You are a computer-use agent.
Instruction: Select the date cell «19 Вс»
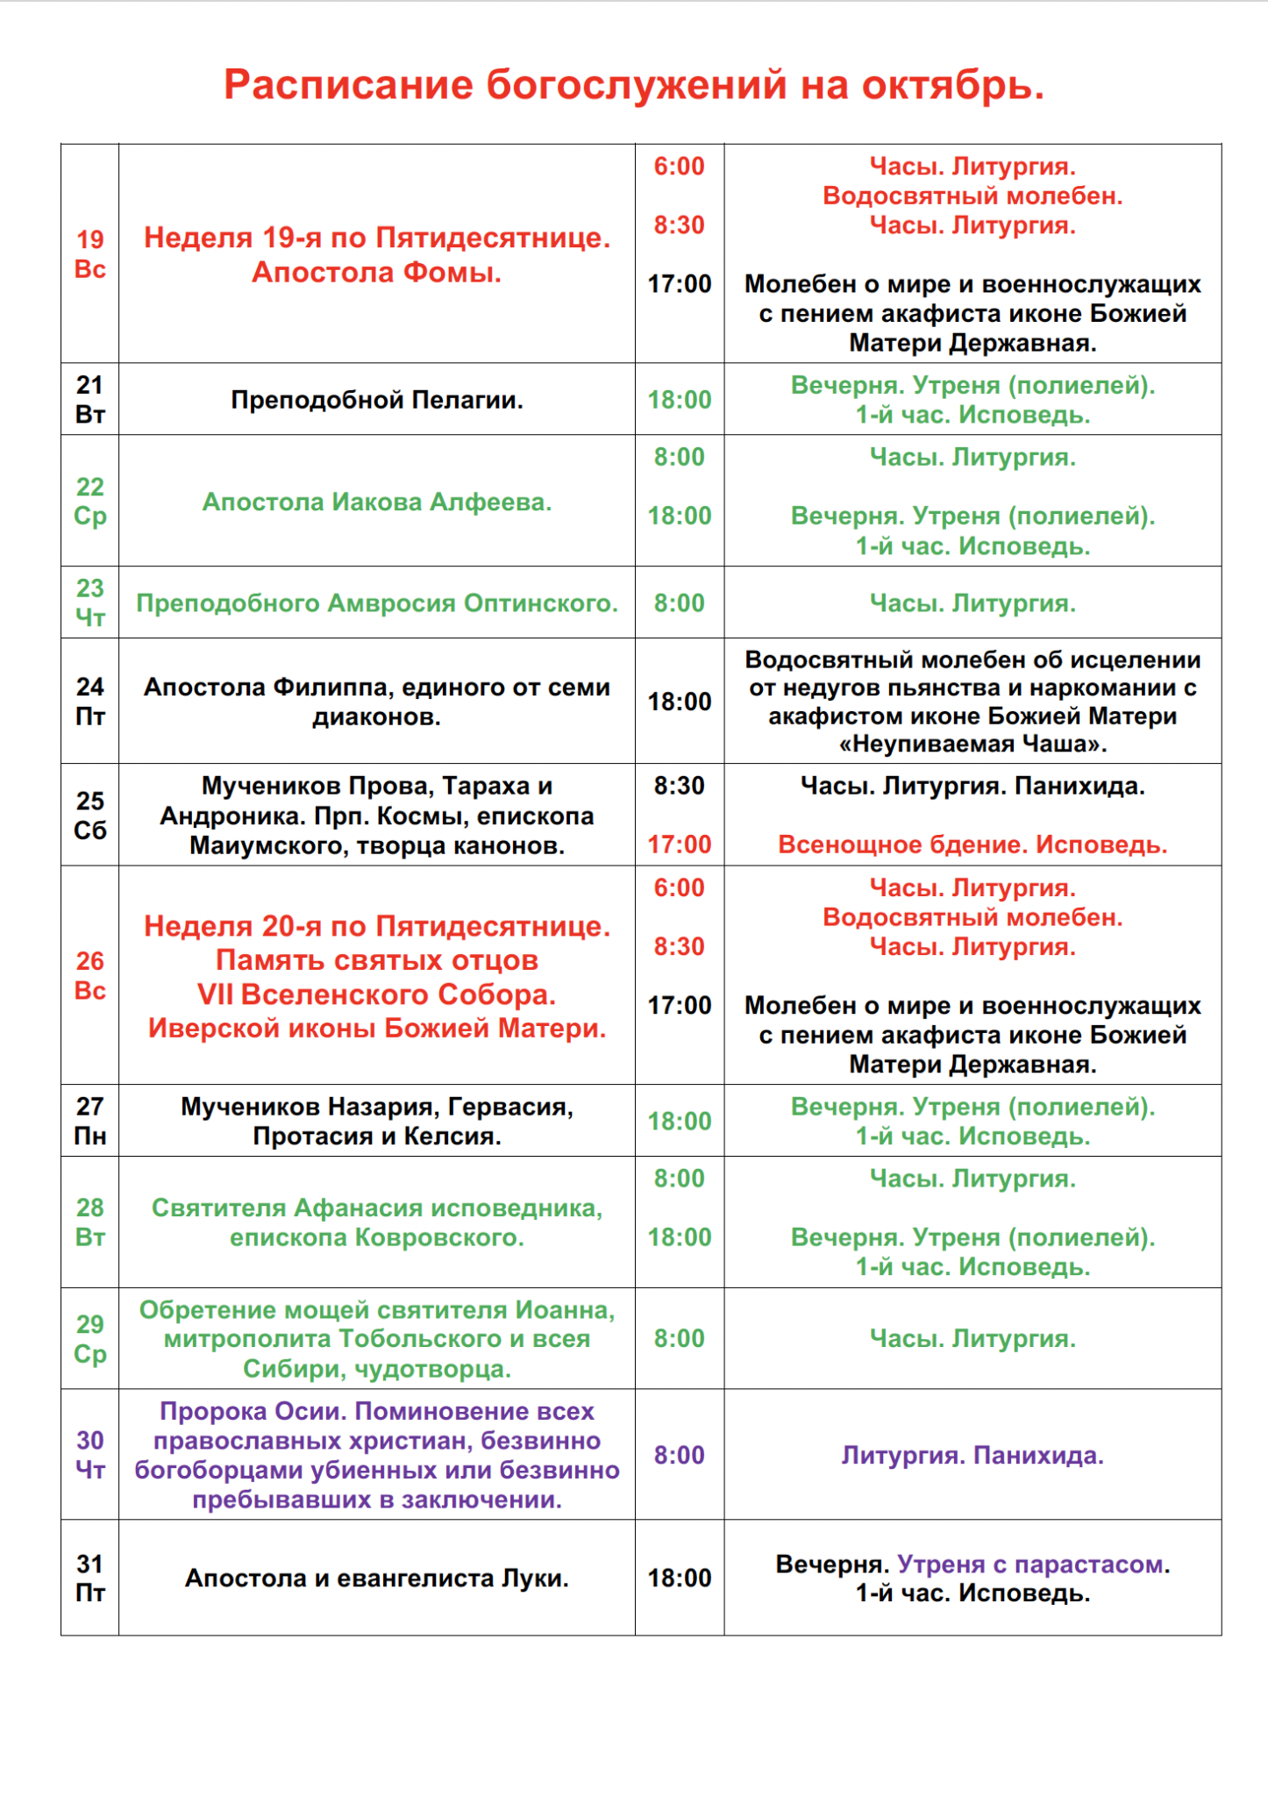pyautogui.click(x=90, y=253)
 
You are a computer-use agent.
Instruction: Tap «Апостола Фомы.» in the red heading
pyautogui.click(x=376, y=273)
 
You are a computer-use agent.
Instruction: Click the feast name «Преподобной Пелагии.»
pyautogui.click(x=376, y=400)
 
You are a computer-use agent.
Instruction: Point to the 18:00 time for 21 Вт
pyautogui.click(x=679, y=400)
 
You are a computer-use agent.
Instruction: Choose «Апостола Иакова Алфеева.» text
pyautogui.click(x=376, y=502)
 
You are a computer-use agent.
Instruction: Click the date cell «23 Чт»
pyautogui.click(x=90, y=602)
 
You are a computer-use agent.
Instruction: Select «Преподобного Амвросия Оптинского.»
pyautogui.click(x=376, y=603)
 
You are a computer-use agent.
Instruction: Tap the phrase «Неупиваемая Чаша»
pyautogui.click(x=972, y=745)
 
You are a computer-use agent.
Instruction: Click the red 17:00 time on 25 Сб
pyautogui.click(x=679, y=845)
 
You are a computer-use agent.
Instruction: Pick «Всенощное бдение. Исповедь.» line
pyautogui.click(x=972, y=845)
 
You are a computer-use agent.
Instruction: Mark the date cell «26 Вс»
pyautogui.click(x=90, y=975)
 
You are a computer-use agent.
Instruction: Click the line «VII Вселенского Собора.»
pyautogui.click(x=376, y=994)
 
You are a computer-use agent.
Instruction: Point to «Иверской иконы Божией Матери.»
pyautogui.click(x=376, y=1028)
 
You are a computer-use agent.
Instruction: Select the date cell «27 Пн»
pyautogui.click(x=90, y=1121)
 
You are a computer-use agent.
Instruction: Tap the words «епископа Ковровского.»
pyautogui.click(x=376, y=1237)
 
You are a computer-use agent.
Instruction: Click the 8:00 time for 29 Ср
pyautogui.click(x=679, y=1338)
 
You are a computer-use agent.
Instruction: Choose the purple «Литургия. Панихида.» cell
pyautogui.click(x=972, y=1455)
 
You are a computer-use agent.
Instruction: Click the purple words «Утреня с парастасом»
pyautogui.click(x=1031, y=1564)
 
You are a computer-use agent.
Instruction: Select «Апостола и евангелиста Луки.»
pyautogui.click(x=376, y=1578)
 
